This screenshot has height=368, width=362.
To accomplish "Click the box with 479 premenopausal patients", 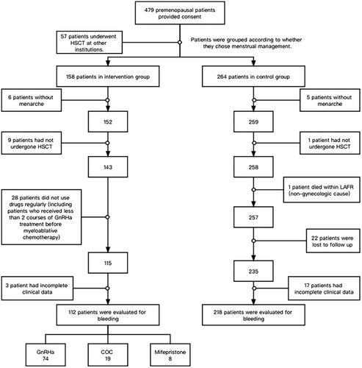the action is [180, 13].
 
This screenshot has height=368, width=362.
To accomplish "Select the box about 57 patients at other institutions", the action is [90, 43].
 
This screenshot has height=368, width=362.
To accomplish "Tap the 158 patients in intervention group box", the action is [108, 77].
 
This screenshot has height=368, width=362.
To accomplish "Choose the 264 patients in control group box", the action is [253, 77].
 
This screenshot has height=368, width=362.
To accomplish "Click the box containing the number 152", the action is [108, 121].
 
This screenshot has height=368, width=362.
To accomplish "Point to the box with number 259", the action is [253, 121].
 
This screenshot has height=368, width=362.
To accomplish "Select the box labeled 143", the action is [108, 167].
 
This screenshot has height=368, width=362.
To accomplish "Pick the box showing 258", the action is [253, 167].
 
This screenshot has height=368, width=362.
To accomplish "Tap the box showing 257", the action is [253, 217].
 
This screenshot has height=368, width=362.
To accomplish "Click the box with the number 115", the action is [108, 263].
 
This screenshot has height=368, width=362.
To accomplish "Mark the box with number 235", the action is [253, 271].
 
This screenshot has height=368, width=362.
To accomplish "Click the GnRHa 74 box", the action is [46, 355].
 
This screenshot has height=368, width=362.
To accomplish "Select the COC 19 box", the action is [108, 355].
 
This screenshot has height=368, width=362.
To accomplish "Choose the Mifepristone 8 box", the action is [170, 355].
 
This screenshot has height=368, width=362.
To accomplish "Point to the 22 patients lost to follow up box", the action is [333, 241].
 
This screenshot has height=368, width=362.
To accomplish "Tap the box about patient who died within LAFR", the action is [322, 190].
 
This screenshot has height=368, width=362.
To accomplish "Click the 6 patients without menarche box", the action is [32, 100].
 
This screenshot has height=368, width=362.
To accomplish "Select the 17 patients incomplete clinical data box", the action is [324, 289].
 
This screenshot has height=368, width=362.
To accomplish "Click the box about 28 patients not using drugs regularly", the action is [41, 217].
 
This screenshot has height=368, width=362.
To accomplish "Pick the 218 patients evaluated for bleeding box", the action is [253, 315].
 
